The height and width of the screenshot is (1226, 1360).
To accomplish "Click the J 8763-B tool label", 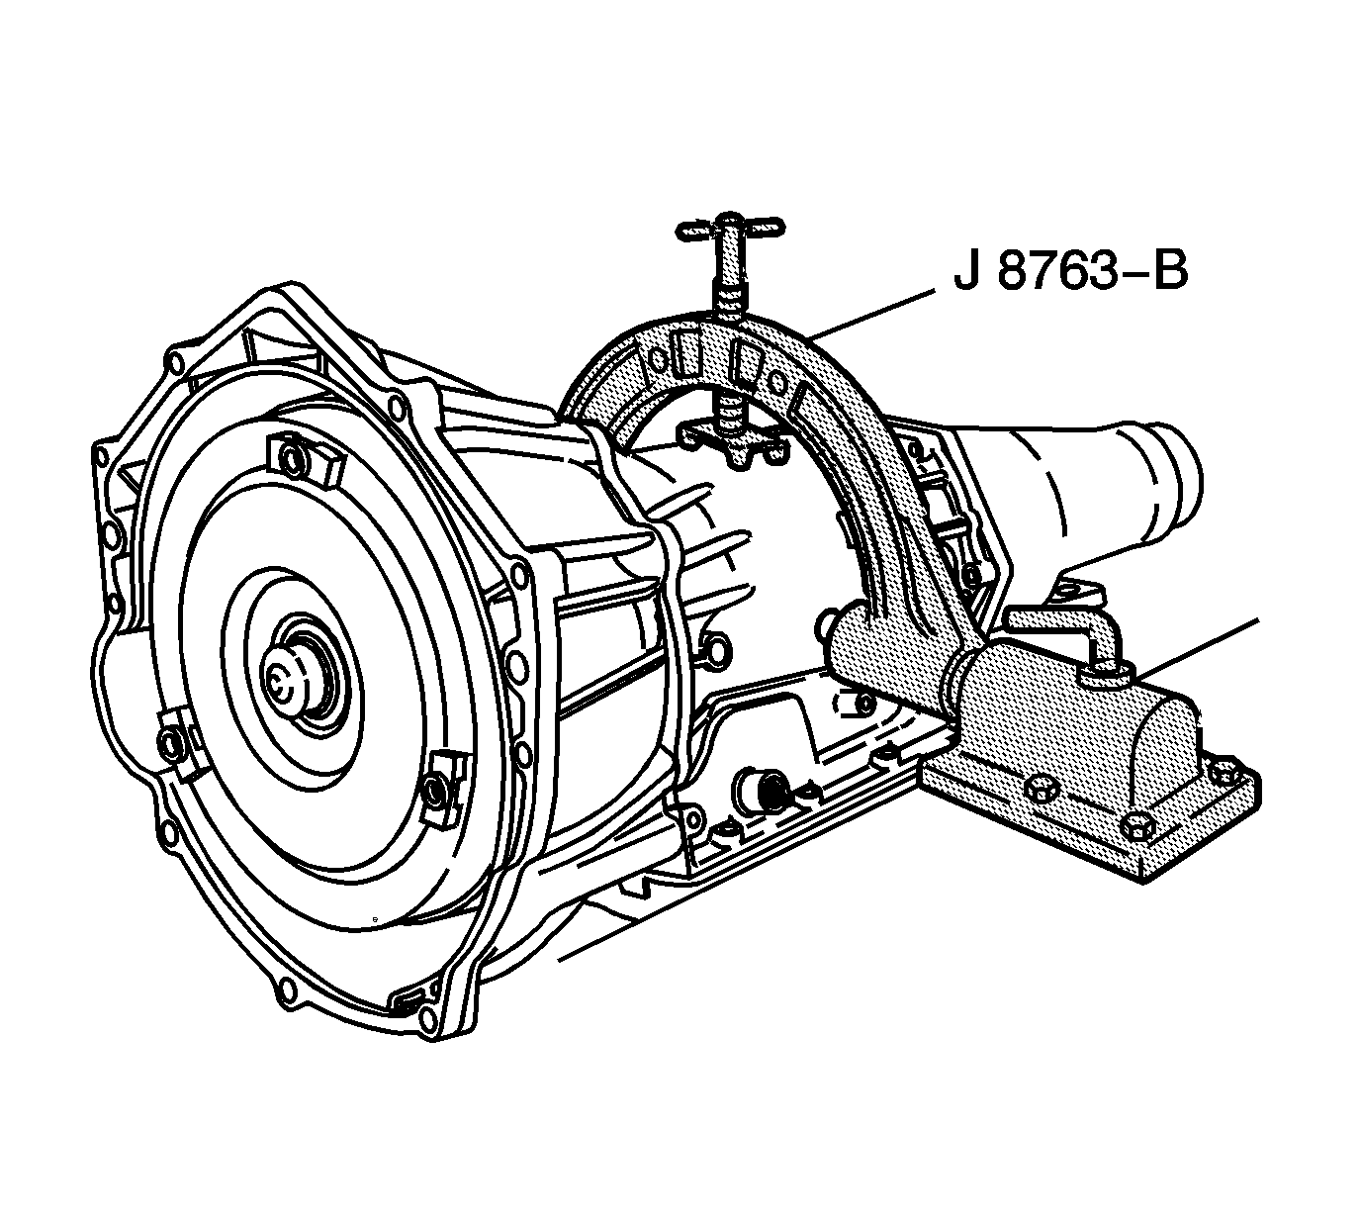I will coord(1069,273).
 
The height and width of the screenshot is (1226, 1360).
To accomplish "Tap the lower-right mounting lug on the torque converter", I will coord(439,786).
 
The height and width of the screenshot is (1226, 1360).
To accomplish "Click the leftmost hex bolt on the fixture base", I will coord(1039,790).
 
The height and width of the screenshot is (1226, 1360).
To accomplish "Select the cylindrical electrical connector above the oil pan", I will coord(762,791).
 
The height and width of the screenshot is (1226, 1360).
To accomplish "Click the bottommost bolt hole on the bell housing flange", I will coord(286,989).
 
